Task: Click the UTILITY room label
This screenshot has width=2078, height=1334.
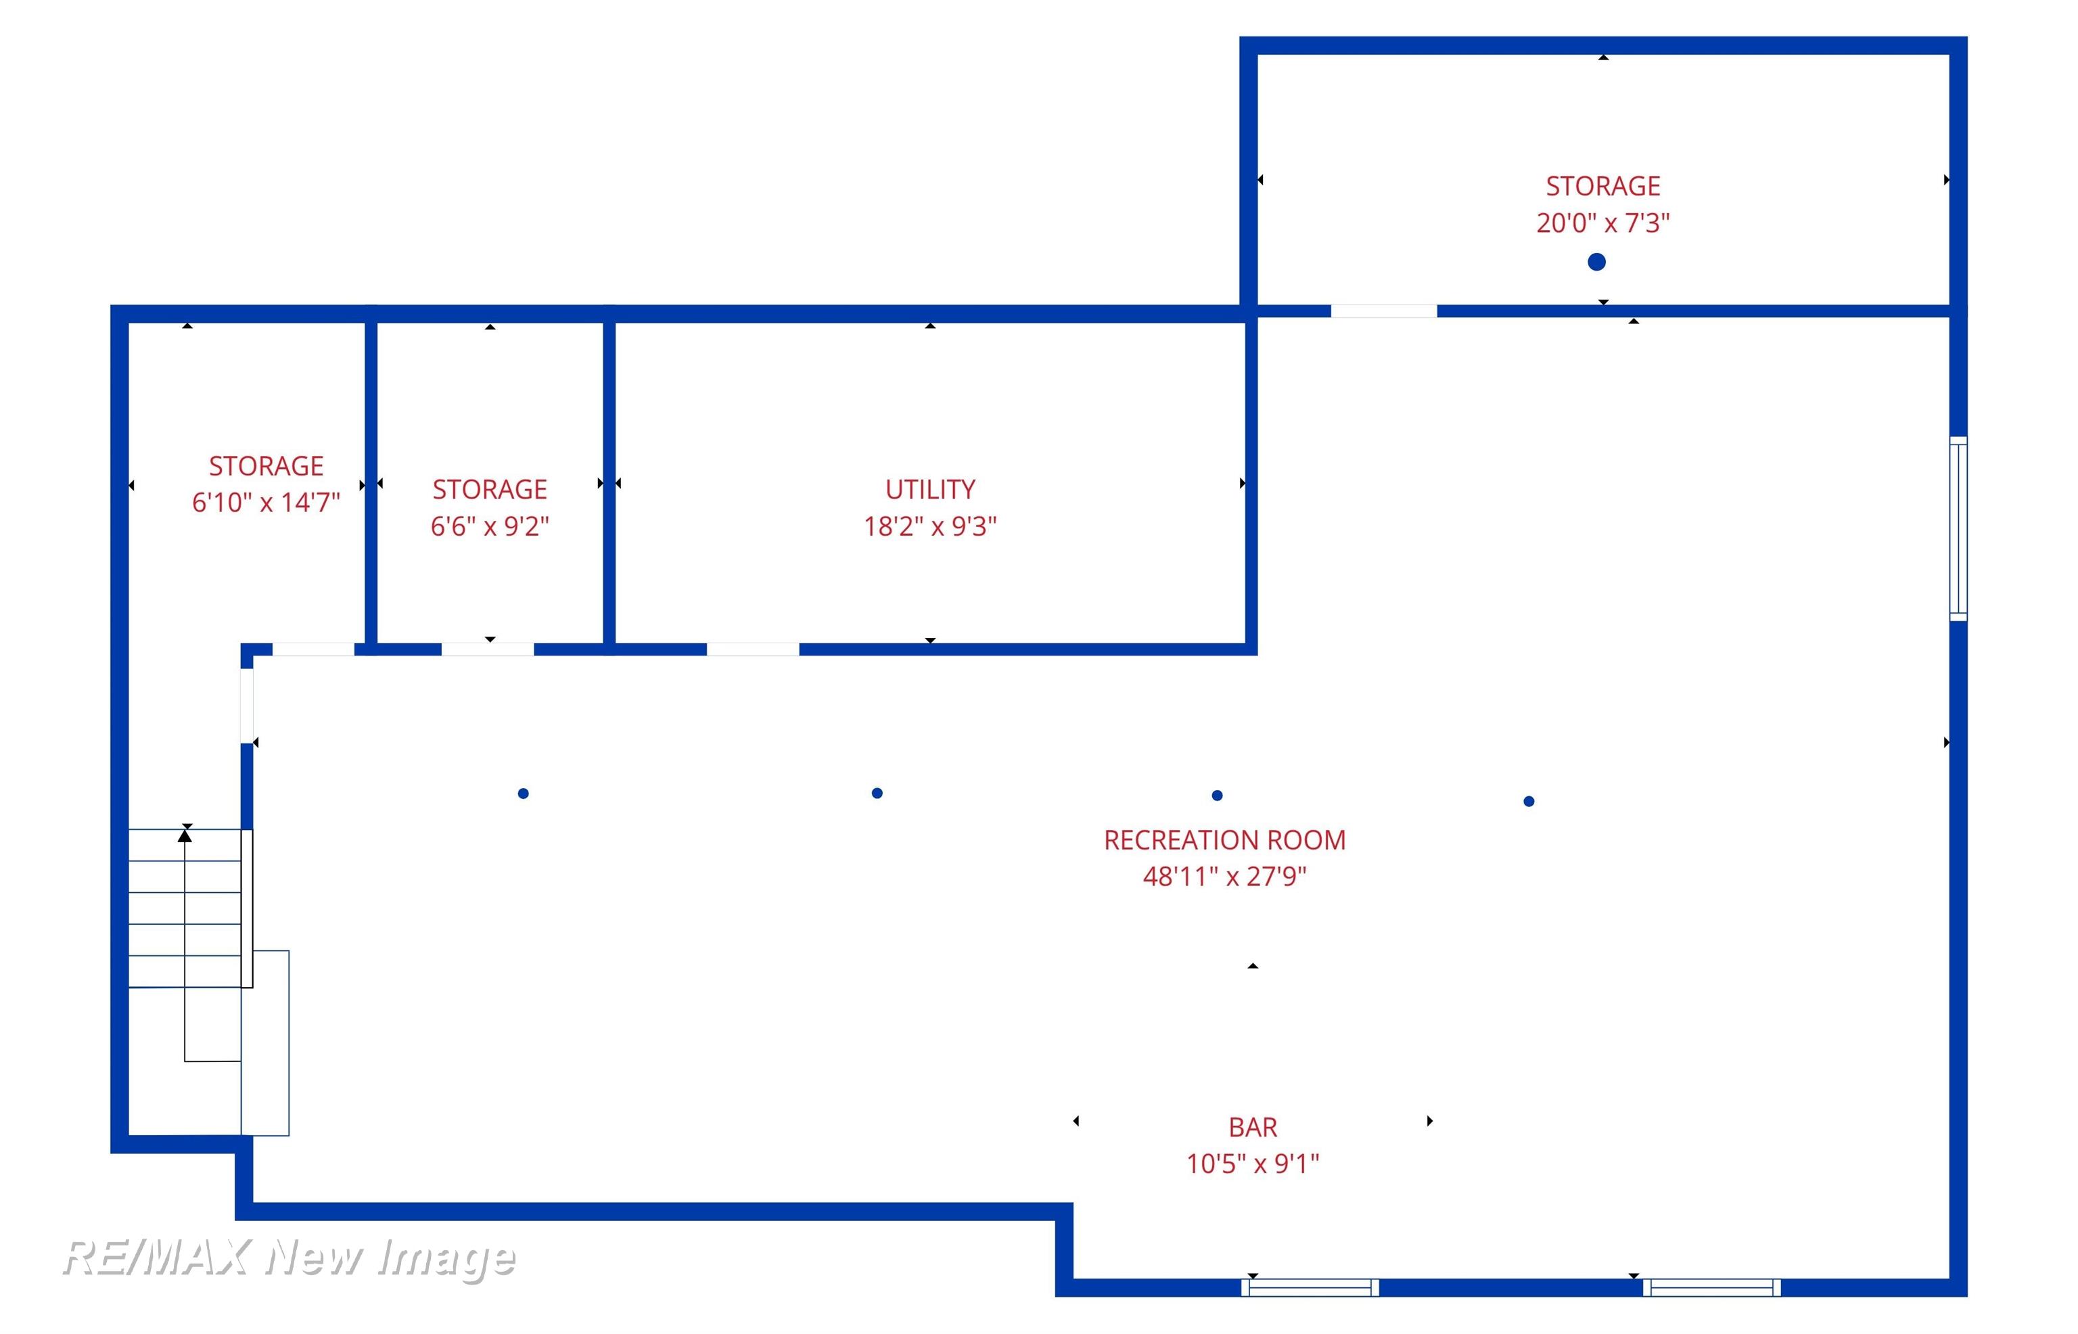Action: [x=929, y=489]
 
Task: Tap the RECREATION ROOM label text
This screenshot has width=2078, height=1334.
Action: [x=1224, y=840]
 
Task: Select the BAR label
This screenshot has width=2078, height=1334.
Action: [x=1253, y=1127]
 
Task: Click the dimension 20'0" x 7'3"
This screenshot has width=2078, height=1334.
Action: [x=1602, y=223]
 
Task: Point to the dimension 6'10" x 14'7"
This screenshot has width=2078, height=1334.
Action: [x=266, y=503]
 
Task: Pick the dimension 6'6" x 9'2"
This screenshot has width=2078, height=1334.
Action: [x=490, y=526]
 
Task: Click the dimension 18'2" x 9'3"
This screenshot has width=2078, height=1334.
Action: [x=929, y=526]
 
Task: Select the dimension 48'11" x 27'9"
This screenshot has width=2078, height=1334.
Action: [x=1224, y=877]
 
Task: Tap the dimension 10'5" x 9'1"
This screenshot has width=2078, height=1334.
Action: [x=1253, y=1164]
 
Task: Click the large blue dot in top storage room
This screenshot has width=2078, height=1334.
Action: [x=1596, y=262]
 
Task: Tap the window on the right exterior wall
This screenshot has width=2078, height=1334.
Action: [x=1958, y=528]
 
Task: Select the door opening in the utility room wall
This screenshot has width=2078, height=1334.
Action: [x=753, y=649]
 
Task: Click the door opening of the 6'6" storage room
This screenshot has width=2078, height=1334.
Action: [x=488, y=649]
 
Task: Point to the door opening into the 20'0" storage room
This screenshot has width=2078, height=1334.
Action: [x=1383, y=311]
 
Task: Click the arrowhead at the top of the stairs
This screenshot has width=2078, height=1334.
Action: [x=185, y=835]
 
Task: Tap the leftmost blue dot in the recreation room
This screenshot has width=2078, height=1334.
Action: [x=523, y=793]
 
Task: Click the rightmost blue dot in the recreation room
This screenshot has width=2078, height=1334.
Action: [x=1529, y=801]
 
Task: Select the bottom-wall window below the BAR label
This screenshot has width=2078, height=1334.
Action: [x=1310, y=1288]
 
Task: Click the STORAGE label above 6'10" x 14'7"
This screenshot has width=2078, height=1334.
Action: [x=266, y=466]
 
